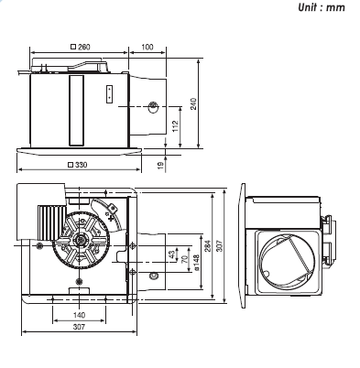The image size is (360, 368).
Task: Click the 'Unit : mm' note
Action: pos(325,7)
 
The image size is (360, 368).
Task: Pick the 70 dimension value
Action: pos(182,260)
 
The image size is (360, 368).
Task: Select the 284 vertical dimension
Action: pos(208,249)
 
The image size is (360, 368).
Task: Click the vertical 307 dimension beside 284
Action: pos(224,249)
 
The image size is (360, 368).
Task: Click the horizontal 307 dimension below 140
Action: pos(79,328)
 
